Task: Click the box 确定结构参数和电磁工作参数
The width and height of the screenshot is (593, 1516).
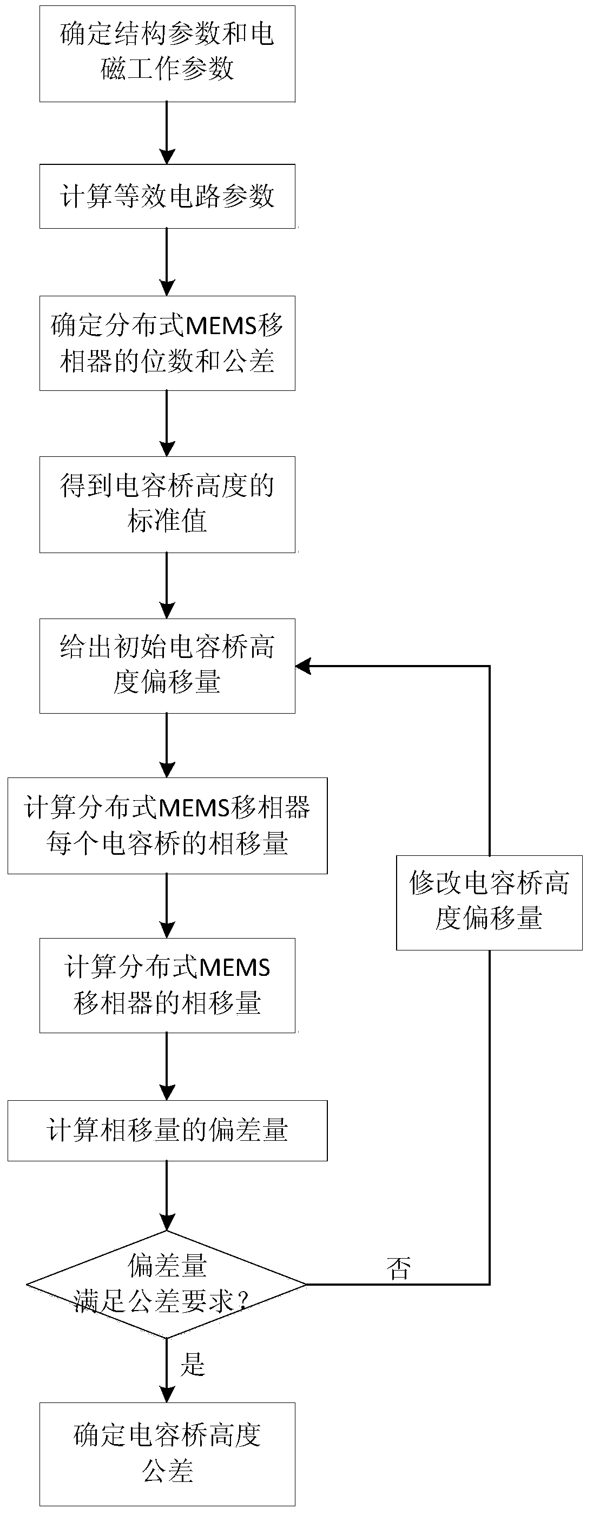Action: pyautogui.click(x=167, y=54)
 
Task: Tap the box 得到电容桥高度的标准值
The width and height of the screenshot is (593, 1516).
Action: pyautogui.click(x=167, y=504)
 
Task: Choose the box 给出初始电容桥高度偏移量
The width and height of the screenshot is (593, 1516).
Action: pyautogui.click(x=167, y=666)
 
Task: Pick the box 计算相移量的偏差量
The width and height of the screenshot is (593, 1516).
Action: pyautogui.click(x=167, y=1131)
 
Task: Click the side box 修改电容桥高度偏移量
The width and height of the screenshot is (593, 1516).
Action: pyautogui.click(x=489, y=902)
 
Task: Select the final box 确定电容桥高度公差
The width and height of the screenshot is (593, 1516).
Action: pyautogui.click(x=167, y=1454)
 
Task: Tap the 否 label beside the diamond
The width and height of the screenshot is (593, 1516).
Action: pyautogui.click(x=399, y=1268)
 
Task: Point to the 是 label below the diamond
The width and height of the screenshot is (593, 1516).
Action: pyautogui.click(x=193, y=1364)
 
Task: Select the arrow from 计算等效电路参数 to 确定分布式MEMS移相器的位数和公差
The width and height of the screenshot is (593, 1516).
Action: pyautogui.click(x=167, y=262)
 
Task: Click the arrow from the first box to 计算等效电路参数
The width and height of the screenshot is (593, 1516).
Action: pyautogui.click(x=167, y=132)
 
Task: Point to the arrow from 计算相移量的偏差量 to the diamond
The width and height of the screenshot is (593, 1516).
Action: pyautogui.click(x=167, y=1195)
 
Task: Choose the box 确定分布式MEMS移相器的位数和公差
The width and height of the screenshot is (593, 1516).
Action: pyautogui.click(x=167, y=343)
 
